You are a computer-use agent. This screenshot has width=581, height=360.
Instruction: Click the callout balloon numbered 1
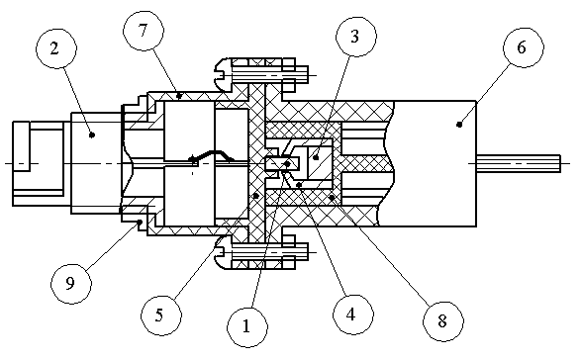[x=246, y=326]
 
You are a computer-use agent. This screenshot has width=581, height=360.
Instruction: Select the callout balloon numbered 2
[x=56, y=48]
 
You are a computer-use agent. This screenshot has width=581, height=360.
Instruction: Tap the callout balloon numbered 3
[x=356, y=37]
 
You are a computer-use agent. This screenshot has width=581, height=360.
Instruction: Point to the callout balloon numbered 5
[x=161, y=315]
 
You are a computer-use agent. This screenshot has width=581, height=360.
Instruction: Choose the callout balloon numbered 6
[x=524, y=47]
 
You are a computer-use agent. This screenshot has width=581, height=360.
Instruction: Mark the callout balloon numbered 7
[x=144, y=31]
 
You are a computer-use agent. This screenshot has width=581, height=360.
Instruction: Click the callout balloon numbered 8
[x=443, y=321]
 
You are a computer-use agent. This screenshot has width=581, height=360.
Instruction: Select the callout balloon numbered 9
[x=71, y=284]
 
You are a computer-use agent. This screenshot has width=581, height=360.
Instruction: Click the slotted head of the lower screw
[x=224, y=252]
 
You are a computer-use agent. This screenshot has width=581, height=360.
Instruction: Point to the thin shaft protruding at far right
[x=519, y=163]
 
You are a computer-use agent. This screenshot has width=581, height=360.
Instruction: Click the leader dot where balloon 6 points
[x=459, y=125]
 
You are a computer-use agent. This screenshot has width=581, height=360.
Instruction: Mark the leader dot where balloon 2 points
[x=92, y=135]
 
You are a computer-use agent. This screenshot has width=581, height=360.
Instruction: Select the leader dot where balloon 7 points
[x=180, y=96]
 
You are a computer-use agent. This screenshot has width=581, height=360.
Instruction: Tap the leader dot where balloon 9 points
[x=141, y=222]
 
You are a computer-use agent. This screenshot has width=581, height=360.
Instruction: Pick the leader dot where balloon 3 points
[x=316, y=158]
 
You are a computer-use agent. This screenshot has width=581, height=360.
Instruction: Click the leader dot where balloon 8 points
[x=332, y=197]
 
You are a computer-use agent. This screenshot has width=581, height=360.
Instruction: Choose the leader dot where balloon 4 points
[x=299, y=184]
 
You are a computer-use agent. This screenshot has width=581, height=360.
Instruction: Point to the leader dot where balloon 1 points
[x=287, y=163]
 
